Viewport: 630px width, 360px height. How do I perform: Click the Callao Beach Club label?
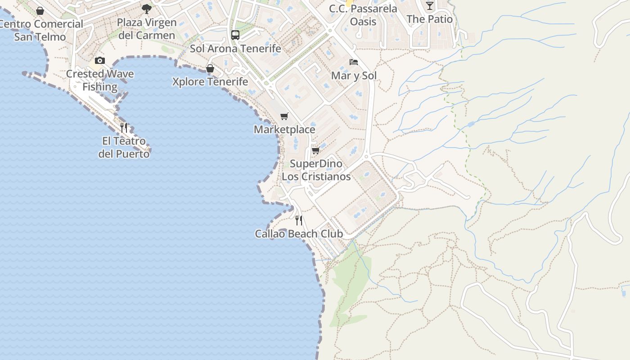coord(299,234)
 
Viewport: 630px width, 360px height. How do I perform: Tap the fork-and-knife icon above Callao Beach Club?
coord(299,220)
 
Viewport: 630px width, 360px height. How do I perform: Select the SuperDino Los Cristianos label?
coord(316,170)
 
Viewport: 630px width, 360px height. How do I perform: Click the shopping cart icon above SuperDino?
coord(315,150)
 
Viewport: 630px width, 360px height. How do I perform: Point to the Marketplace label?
coord(284,130)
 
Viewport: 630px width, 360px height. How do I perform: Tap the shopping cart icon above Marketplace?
coord(284,116)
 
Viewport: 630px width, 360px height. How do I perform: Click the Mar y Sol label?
coord(354,76)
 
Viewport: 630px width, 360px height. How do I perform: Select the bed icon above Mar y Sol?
coord(354,62)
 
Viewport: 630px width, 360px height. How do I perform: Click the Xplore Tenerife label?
coord(210,81)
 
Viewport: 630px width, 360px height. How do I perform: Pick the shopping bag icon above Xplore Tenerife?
coord(210,68)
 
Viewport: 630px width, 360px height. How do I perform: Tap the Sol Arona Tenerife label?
coord(235,49)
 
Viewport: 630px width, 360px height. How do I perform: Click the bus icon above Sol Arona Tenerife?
coord(235,35)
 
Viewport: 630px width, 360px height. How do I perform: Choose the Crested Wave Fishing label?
coord(100,80)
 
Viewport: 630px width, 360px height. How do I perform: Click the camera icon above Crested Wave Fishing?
coord(100,61)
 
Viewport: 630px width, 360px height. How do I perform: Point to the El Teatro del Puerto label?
coord(124,147)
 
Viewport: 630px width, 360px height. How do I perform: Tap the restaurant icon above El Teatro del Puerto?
coord(124,128)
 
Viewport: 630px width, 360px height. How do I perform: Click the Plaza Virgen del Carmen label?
coord(146,29)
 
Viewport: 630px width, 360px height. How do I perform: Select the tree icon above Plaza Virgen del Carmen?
coord(146,9)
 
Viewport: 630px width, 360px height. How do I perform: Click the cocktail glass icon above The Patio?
coord(430,5)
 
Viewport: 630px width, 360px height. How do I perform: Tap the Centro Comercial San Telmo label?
coord(40,30)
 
